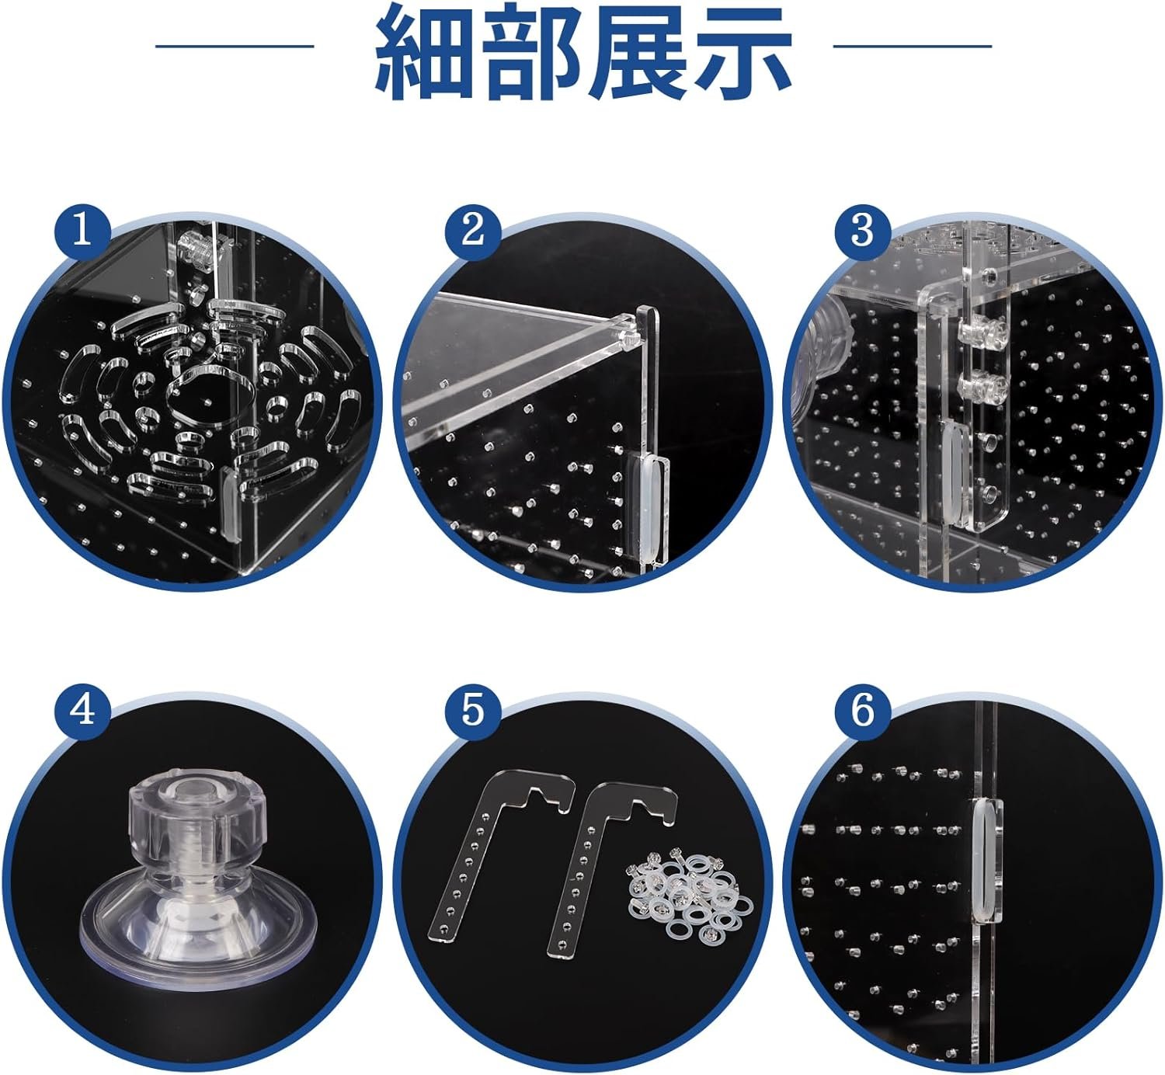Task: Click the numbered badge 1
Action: coord(82,231)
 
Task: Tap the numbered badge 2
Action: coord(473,231)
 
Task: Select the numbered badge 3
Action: coord(863,231)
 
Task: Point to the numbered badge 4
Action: coord(82,711)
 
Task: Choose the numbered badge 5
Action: coord(473,711)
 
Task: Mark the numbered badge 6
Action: coord(863,711)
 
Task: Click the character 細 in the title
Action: coord(423,53)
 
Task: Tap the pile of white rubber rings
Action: coord(689,891)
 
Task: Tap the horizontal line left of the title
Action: coord(235,45)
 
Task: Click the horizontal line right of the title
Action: coord(913,45)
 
